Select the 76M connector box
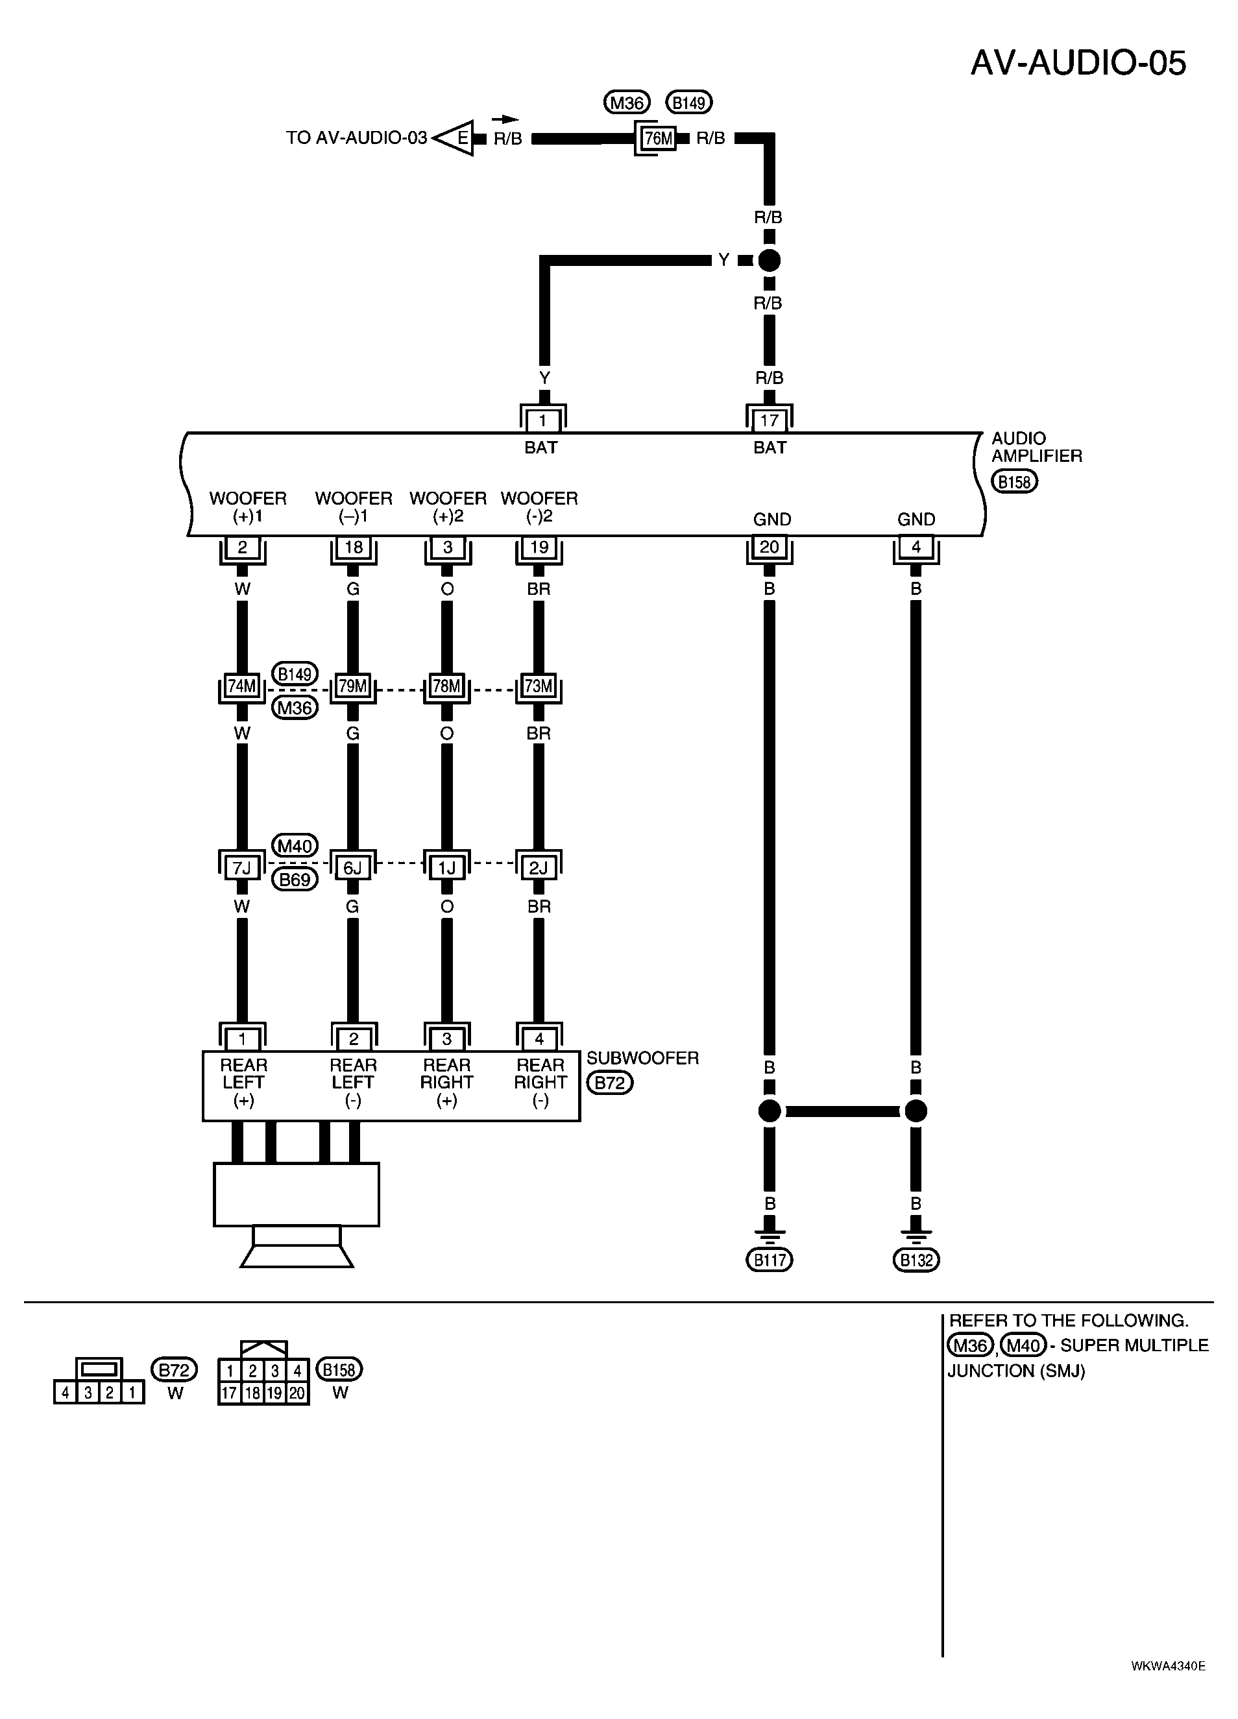pos(657,139)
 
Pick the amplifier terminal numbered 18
pos(353,548)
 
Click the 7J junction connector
pos(242,867)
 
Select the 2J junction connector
pos(539,867)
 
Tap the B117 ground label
pos(770,1260)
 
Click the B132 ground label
pos(916,1260)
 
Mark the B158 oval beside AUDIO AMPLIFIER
pos(1015,481)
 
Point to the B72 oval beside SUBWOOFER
pos(609,1083)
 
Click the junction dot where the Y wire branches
pos(770,261)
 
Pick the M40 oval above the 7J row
pos(295,846)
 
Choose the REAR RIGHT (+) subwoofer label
pos(446,1083)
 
